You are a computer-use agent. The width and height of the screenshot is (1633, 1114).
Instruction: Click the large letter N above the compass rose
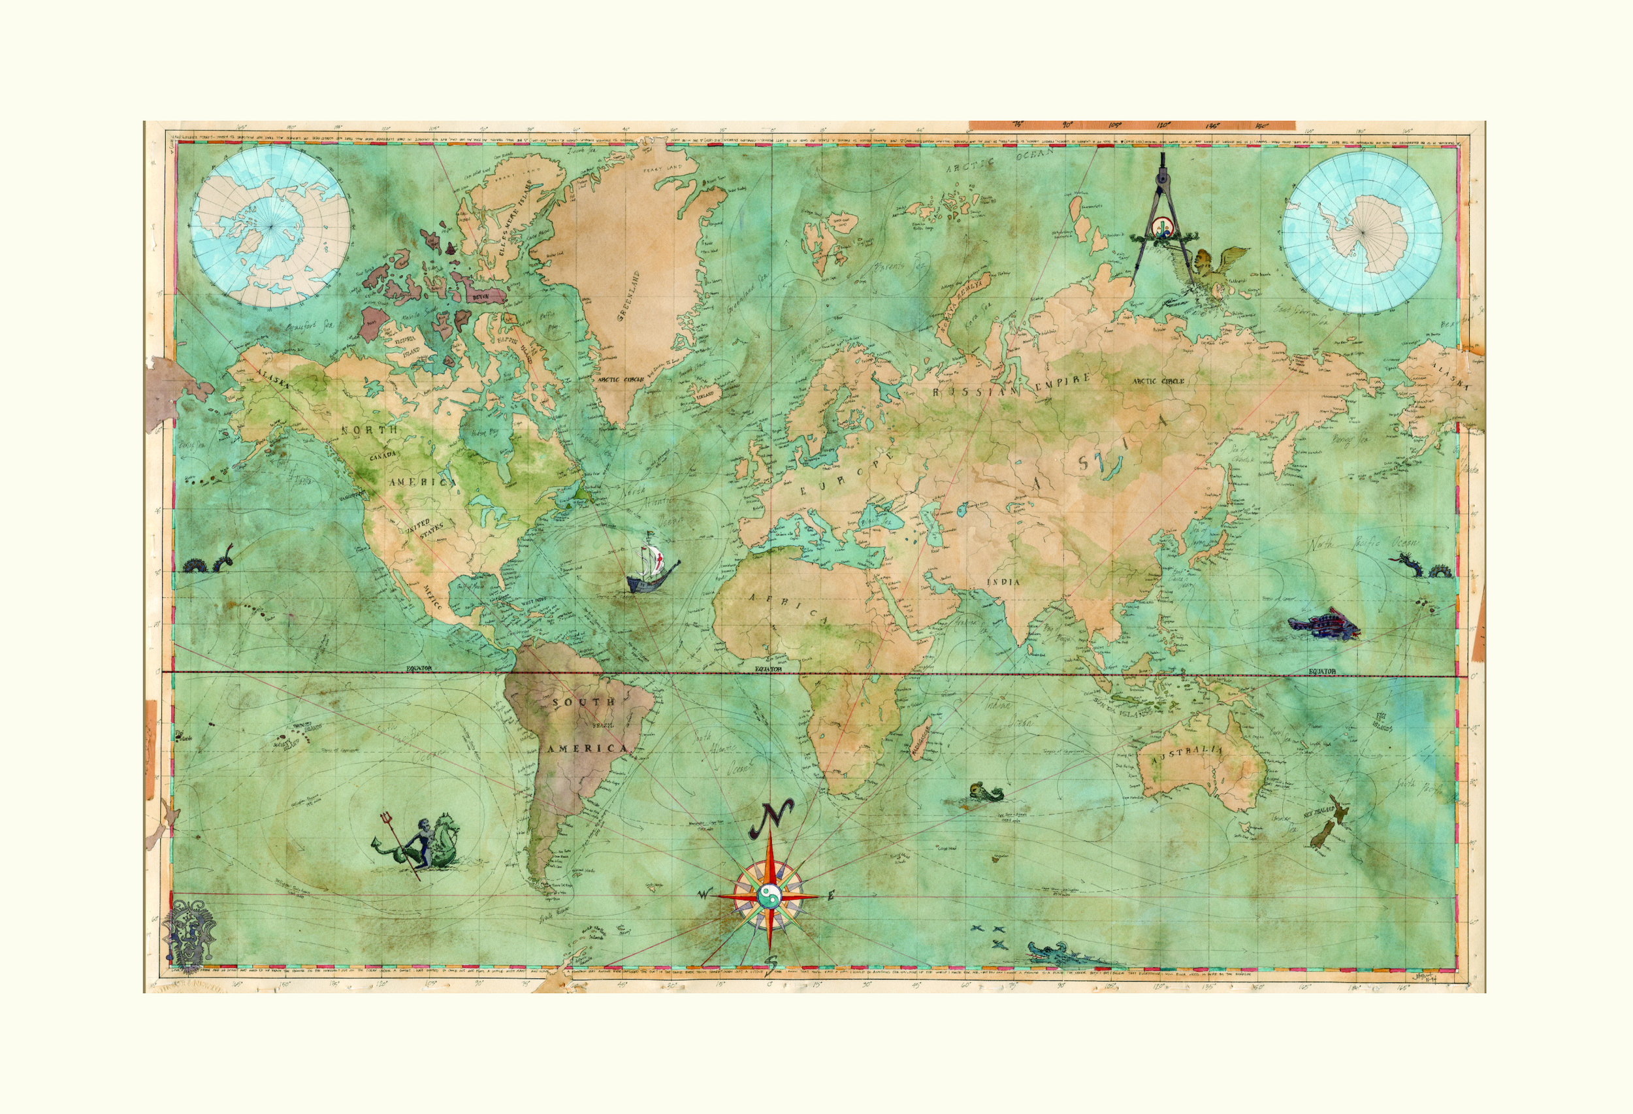click(772, 815)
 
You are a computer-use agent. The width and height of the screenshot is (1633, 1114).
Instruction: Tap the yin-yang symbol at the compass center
click(770, 896)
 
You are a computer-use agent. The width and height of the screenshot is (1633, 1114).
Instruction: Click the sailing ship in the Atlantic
click(651, 569)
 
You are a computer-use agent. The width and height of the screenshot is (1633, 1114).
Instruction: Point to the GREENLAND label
click(629, 296)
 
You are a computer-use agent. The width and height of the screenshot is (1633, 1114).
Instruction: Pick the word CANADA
click(383, 455)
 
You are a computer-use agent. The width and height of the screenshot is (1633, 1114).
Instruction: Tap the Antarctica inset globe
click(1362, 232)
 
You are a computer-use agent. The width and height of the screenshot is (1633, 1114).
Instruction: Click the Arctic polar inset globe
click(270, 226)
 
